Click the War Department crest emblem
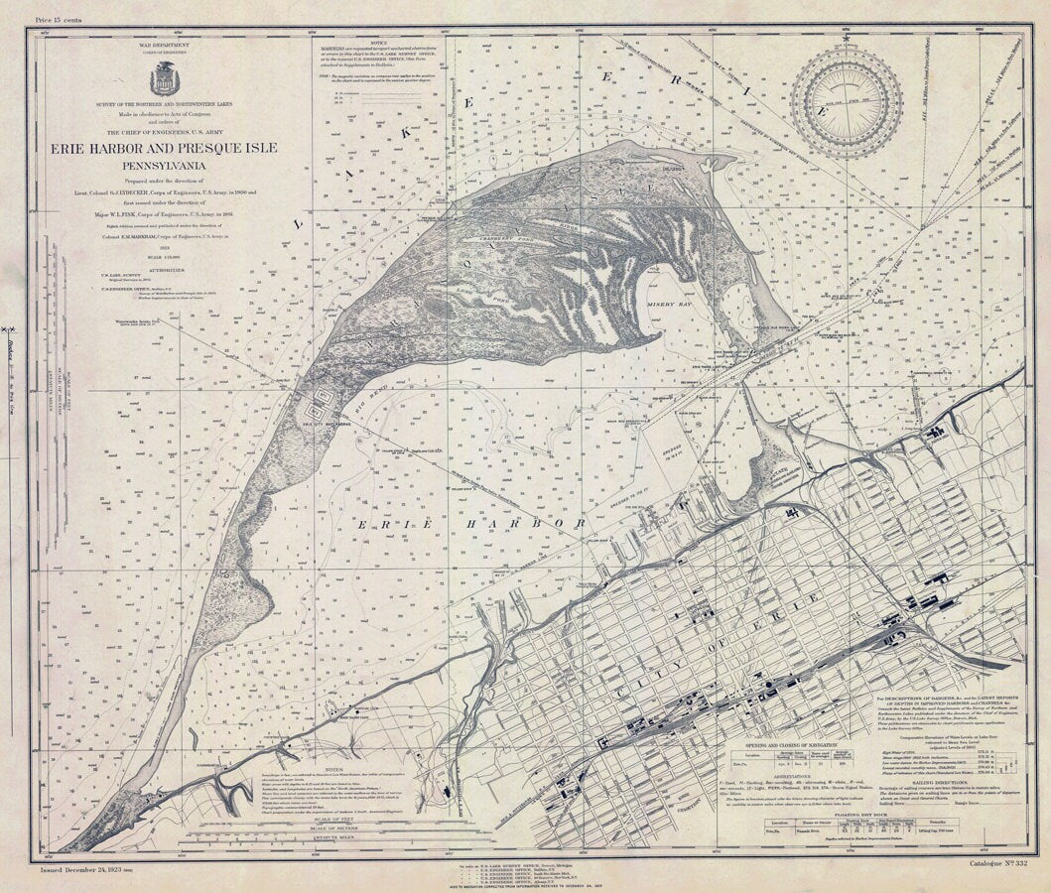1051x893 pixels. [x=165, y=78]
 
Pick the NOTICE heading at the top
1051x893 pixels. [x=378, y=42]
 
